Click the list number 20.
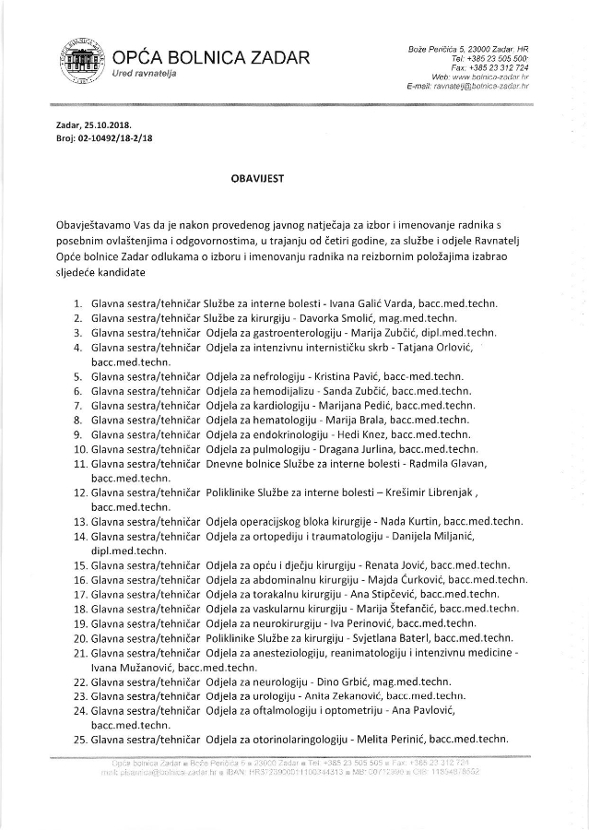tap(79, 637)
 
